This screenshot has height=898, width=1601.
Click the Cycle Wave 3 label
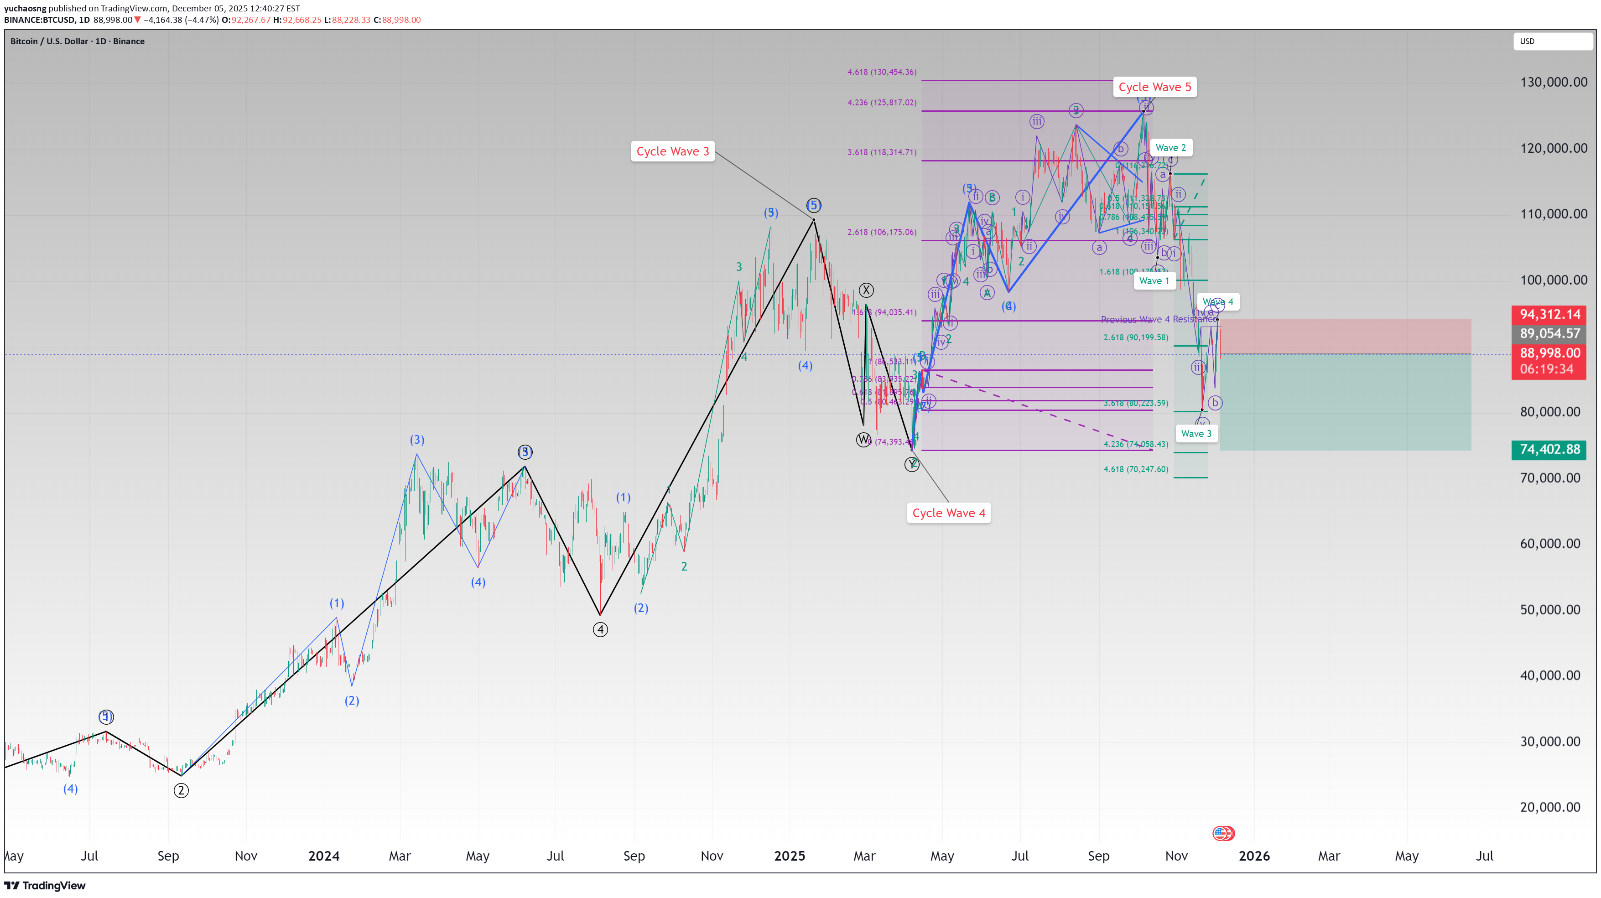pyautogui.click(x=672, y=151)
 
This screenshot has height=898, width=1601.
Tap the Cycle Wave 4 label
pyautogui.click(x=948, y=513)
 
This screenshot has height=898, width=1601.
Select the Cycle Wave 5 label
pyautogui.click(x=1155, y=87)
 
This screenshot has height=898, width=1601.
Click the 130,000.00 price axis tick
pyautogui.click(x=1553, y=82)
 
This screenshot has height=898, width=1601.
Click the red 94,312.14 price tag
pyautogui.click(x=1549, y=314)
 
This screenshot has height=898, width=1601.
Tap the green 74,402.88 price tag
pyautogui.click(x=1549, y=449)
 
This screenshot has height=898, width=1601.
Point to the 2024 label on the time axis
pyautogui.click(x=324, y=856)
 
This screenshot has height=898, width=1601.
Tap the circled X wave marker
pyautogui.click(x=866, y=290)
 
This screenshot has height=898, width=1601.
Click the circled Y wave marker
pyautogui.click(x=912, y=464)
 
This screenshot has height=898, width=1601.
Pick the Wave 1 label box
pyautogui.click(x=1154, y=281)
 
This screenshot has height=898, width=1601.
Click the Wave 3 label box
pyautogui.click(x=1196, y=434)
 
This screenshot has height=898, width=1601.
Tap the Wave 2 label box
pyautogui.click(x=1171, y=147)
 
